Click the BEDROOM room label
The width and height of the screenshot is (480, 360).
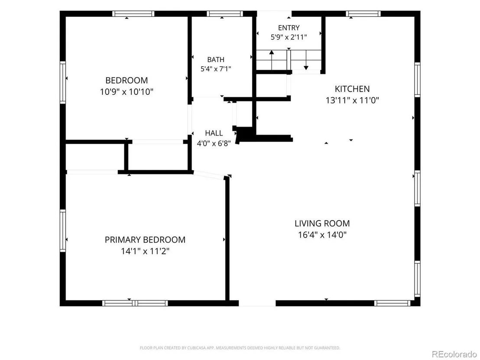pyautogui.click(x=126, y=80)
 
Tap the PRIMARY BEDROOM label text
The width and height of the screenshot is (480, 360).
pyautogui.click(x=145, y=240)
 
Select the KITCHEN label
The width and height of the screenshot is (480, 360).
pyautogui.click(x=352, y=89)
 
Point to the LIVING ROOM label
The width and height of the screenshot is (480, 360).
pyautogui.click(x=322, y=224)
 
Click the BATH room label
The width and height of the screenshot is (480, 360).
pyautogui.click(x=215, y=59)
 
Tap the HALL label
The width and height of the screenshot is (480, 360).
pyautogui.click(x=214, y=133)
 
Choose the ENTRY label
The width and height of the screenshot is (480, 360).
pyautogui.click(x=289, y=28)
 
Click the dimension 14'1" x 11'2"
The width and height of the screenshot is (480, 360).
pyautogui.click(x=145, y=251)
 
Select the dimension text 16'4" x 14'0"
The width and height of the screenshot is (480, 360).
pyautogui.click(x=322, y=235)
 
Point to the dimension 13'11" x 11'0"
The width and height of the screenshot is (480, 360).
pyautogui.click(x=352, y=100)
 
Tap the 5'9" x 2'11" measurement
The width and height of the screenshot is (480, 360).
pyautogui.click(x=289, y=37)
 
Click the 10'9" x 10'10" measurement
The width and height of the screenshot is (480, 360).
pyautogui.click(x=126, y=91)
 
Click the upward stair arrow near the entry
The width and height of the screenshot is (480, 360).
pyautogui.click(x=272, y=60)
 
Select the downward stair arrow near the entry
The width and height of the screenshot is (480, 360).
pyautogui.click(x=306, y=60)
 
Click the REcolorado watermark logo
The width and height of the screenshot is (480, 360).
pyautogui.click(x=454, y=354)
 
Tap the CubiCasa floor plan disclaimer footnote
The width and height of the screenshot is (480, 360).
pyautogui.click(x=240, y=348)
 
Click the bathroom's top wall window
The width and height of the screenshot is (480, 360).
pyautogui.click(x=225, y=14)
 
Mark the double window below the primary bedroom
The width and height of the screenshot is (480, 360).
pyautogui.click(x=135, y=303)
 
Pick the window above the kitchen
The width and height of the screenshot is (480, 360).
pyautogui.click(x=363, y=14)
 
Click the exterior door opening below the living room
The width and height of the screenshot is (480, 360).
pyautogui.click(x=257, y=303)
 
